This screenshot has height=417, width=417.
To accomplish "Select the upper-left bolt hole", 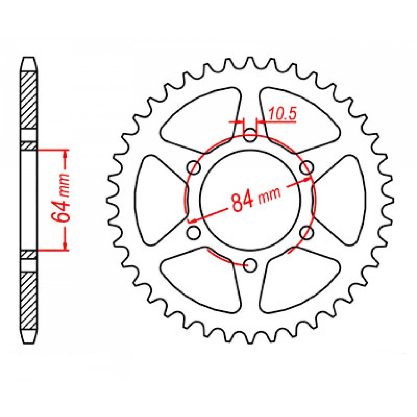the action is [194, 167].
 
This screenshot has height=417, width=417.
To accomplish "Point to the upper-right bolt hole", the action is [306, 167].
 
